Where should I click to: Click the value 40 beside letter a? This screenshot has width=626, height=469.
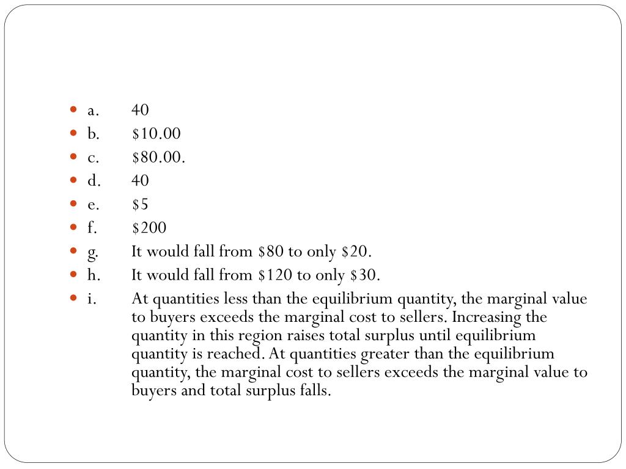coord(140,110)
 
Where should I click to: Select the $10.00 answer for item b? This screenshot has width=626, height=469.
coord(156,134)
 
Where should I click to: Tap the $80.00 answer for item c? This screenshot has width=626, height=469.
coord(158,158)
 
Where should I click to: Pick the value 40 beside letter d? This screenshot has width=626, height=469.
coord(140,181)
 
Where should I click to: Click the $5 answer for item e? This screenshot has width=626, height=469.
coord(140,205)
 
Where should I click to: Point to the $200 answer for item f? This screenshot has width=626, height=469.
coord(149,228)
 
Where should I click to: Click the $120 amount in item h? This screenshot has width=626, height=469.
coord(271,275)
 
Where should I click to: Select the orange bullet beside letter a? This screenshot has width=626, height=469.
coord(74,110)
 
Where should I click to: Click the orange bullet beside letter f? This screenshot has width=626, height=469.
coord(74,228)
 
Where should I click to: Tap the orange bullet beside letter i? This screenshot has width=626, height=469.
coord(74,299)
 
